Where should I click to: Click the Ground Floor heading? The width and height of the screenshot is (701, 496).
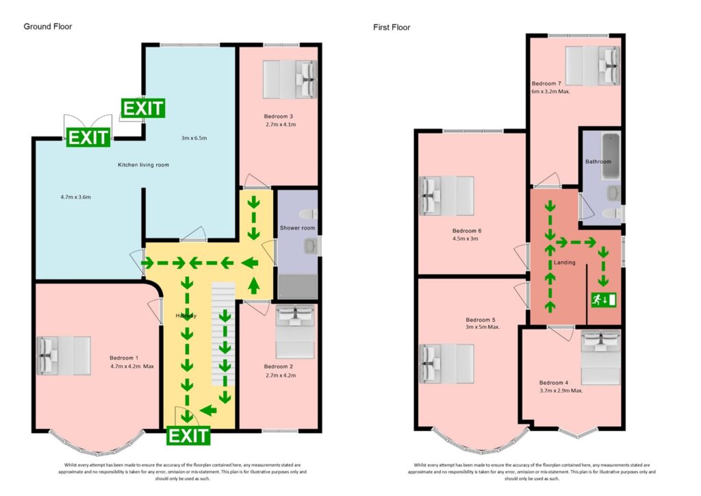(48, 27)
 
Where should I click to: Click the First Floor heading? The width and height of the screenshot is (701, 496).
(392, 27)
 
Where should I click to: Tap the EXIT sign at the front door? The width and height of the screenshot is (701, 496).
(189, 435)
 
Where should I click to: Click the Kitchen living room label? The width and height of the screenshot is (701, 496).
(143, 165)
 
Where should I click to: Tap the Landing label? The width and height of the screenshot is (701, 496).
(565, 262)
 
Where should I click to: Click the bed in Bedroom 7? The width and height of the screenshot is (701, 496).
(592, 66)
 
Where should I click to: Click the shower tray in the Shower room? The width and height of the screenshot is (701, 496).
(296, 286)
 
